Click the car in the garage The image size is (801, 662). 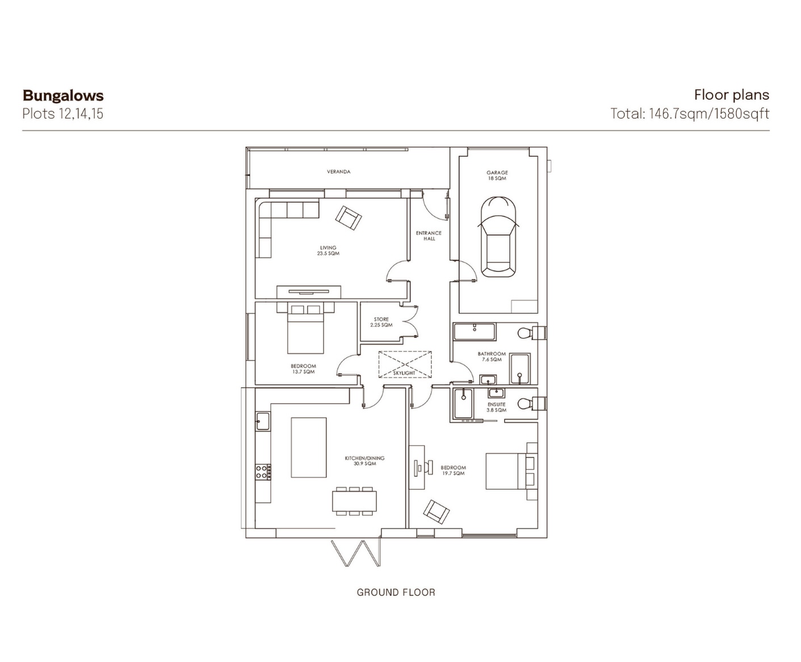[x=498, y=237]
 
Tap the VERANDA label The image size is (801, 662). [x=338, y=171]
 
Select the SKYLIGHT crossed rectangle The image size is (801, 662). [x=405, y=364]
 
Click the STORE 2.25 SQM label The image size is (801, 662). [x=381, y=322]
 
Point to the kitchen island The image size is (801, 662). [x=308, y=447]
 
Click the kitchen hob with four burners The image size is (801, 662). [x=263, y=472]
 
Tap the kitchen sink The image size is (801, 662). [x=262, y=421]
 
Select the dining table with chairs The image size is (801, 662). [x=354, y=501]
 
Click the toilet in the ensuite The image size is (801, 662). [x=532, y=403]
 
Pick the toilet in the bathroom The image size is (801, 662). [x=532, y=332]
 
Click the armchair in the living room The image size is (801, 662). [x=349, y=217]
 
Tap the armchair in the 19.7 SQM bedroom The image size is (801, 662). [x=436, y=512]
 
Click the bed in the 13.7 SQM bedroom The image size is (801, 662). [x=305, y=328]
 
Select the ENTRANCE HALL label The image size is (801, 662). [x=429, y=236]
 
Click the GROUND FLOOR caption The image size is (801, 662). [x=396, y=592]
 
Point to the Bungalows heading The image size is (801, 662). [x=63, y=95]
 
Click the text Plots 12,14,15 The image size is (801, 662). [x=63, y=114]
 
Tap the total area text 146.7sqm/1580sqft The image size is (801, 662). [x=709, y=114]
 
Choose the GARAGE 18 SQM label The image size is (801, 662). [x=497, y=175]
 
